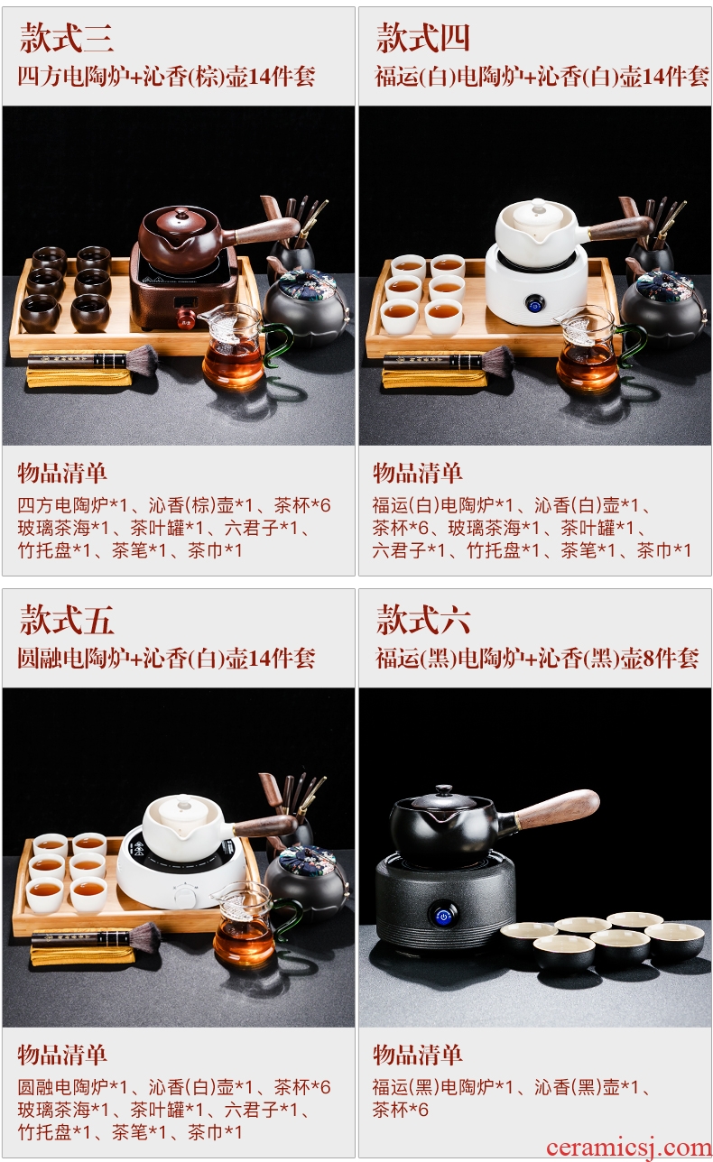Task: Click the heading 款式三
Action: [67, 37]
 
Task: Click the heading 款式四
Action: [423, 37]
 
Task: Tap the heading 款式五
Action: [67, 620]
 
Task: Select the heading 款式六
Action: [423, 620]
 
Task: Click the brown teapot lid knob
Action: [181, 213]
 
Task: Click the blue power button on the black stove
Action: [443, 917]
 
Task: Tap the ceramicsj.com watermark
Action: [628, 1148]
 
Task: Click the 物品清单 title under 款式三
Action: [62, 473]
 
